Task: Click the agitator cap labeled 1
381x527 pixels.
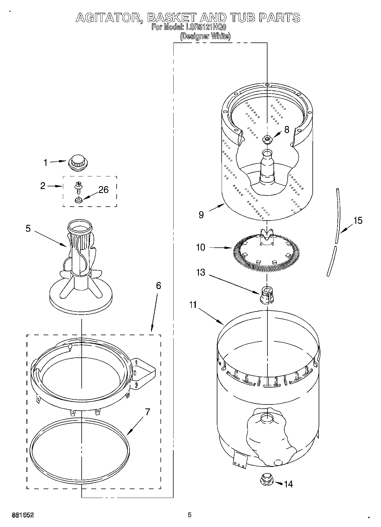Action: [78, 163]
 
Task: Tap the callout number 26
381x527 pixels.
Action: [103, 190]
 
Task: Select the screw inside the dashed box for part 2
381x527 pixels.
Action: [77, 187]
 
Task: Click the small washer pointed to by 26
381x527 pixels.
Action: [78, 200]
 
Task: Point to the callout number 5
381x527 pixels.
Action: [28, 228]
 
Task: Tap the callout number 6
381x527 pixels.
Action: [158, 286]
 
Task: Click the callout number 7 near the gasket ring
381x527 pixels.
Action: [147, 412]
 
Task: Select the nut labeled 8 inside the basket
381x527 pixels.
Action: [267, 139]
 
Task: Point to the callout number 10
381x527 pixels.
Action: [201, 247]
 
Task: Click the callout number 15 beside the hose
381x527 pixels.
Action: [358, 220]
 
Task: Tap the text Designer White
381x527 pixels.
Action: [205, 36]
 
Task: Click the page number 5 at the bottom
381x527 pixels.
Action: [190, 515]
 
